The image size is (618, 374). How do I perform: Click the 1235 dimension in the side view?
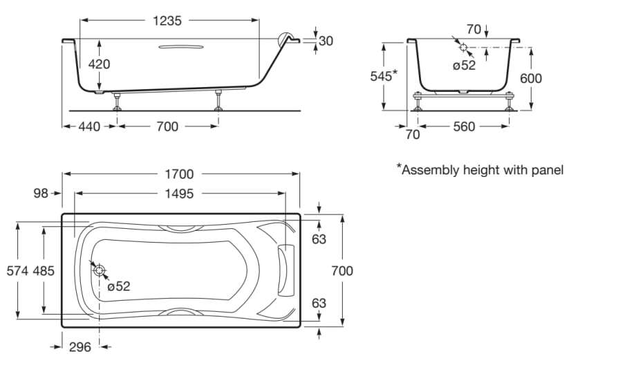(x=167, y=21)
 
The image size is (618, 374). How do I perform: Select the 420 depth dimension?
(x=99, y=64)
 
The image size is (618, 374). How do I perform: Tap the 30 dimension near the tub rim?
(x=326, y=41)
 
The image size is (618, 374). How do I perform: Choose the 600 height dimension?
(x=531, y=78)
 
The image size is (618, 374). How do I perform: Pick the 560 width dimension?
(x=465, y=127)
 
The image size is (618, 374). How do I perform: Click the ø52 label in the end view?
(x=465, y=65)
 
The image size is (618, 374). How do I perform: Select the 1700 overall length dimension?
(x=180, y=174)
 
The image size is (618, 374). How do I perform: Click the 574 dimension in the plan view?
(x=17, y=270)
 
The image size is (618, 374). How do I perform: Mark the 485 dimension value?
(x=44, y=270)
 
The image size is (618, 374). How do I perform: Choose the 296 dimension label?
(x=80, y=347)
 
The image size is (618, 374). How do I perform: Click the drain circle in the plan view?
(x=100, y=270)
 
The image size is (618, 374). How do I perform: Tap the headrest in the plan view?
(x=284, y=270)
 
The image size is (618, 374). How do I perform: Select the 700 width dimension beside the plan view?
(x=341, y=270)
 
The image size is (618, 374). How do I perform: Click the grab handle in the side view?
(x=181, y=47)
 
